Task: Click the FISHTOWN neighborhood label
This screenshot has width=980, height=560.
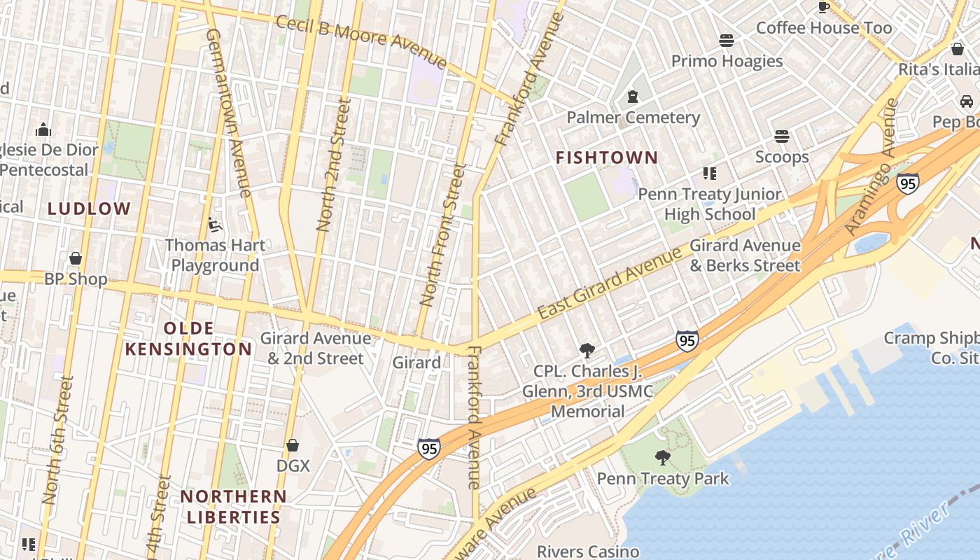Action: (x=607, y=158)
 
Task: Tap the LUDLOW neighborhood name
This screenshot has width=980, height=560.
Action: (x=89, y=209)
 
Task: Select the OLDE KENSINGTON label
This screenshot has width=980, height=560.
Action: (x=188, y=339)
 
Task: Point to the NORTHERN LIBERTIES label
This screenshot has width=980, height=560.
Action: (x=233, y=507)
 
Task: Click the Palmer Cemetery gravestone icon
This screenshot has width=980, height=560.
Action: (x=633, y=97)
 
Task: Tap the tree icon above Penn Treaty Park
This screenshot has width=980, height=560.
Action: (x=662, y=458)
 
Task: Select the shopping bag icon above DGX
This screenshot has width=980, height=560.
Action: (x=293, y=445)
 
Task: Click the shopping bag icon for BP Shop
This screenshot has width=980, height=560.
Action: (x=76, y=258)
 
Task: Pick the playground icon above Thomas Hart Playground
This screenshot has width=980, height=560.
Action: (x=215, y=225)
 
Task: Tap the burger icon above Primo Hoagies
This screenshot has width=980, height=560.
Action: (x=727, y=41)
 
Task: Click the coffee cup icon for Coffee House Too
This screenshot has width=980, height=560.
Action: (x=824, y=7)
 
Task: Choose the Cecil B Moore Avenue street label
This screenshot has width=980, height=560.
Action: (x=361, y=42)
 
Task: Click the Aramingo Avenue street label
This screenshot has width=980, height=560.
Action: (x=871, y=167)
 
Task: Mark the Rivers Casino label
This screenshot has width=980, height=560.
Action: (x=587, y=552)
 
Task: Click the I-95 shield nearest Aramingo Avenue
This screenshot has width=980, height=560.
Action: (x=907, y=183)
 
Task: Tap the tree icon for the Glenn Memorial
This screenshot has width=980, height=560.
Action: (x=587, y=351)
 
